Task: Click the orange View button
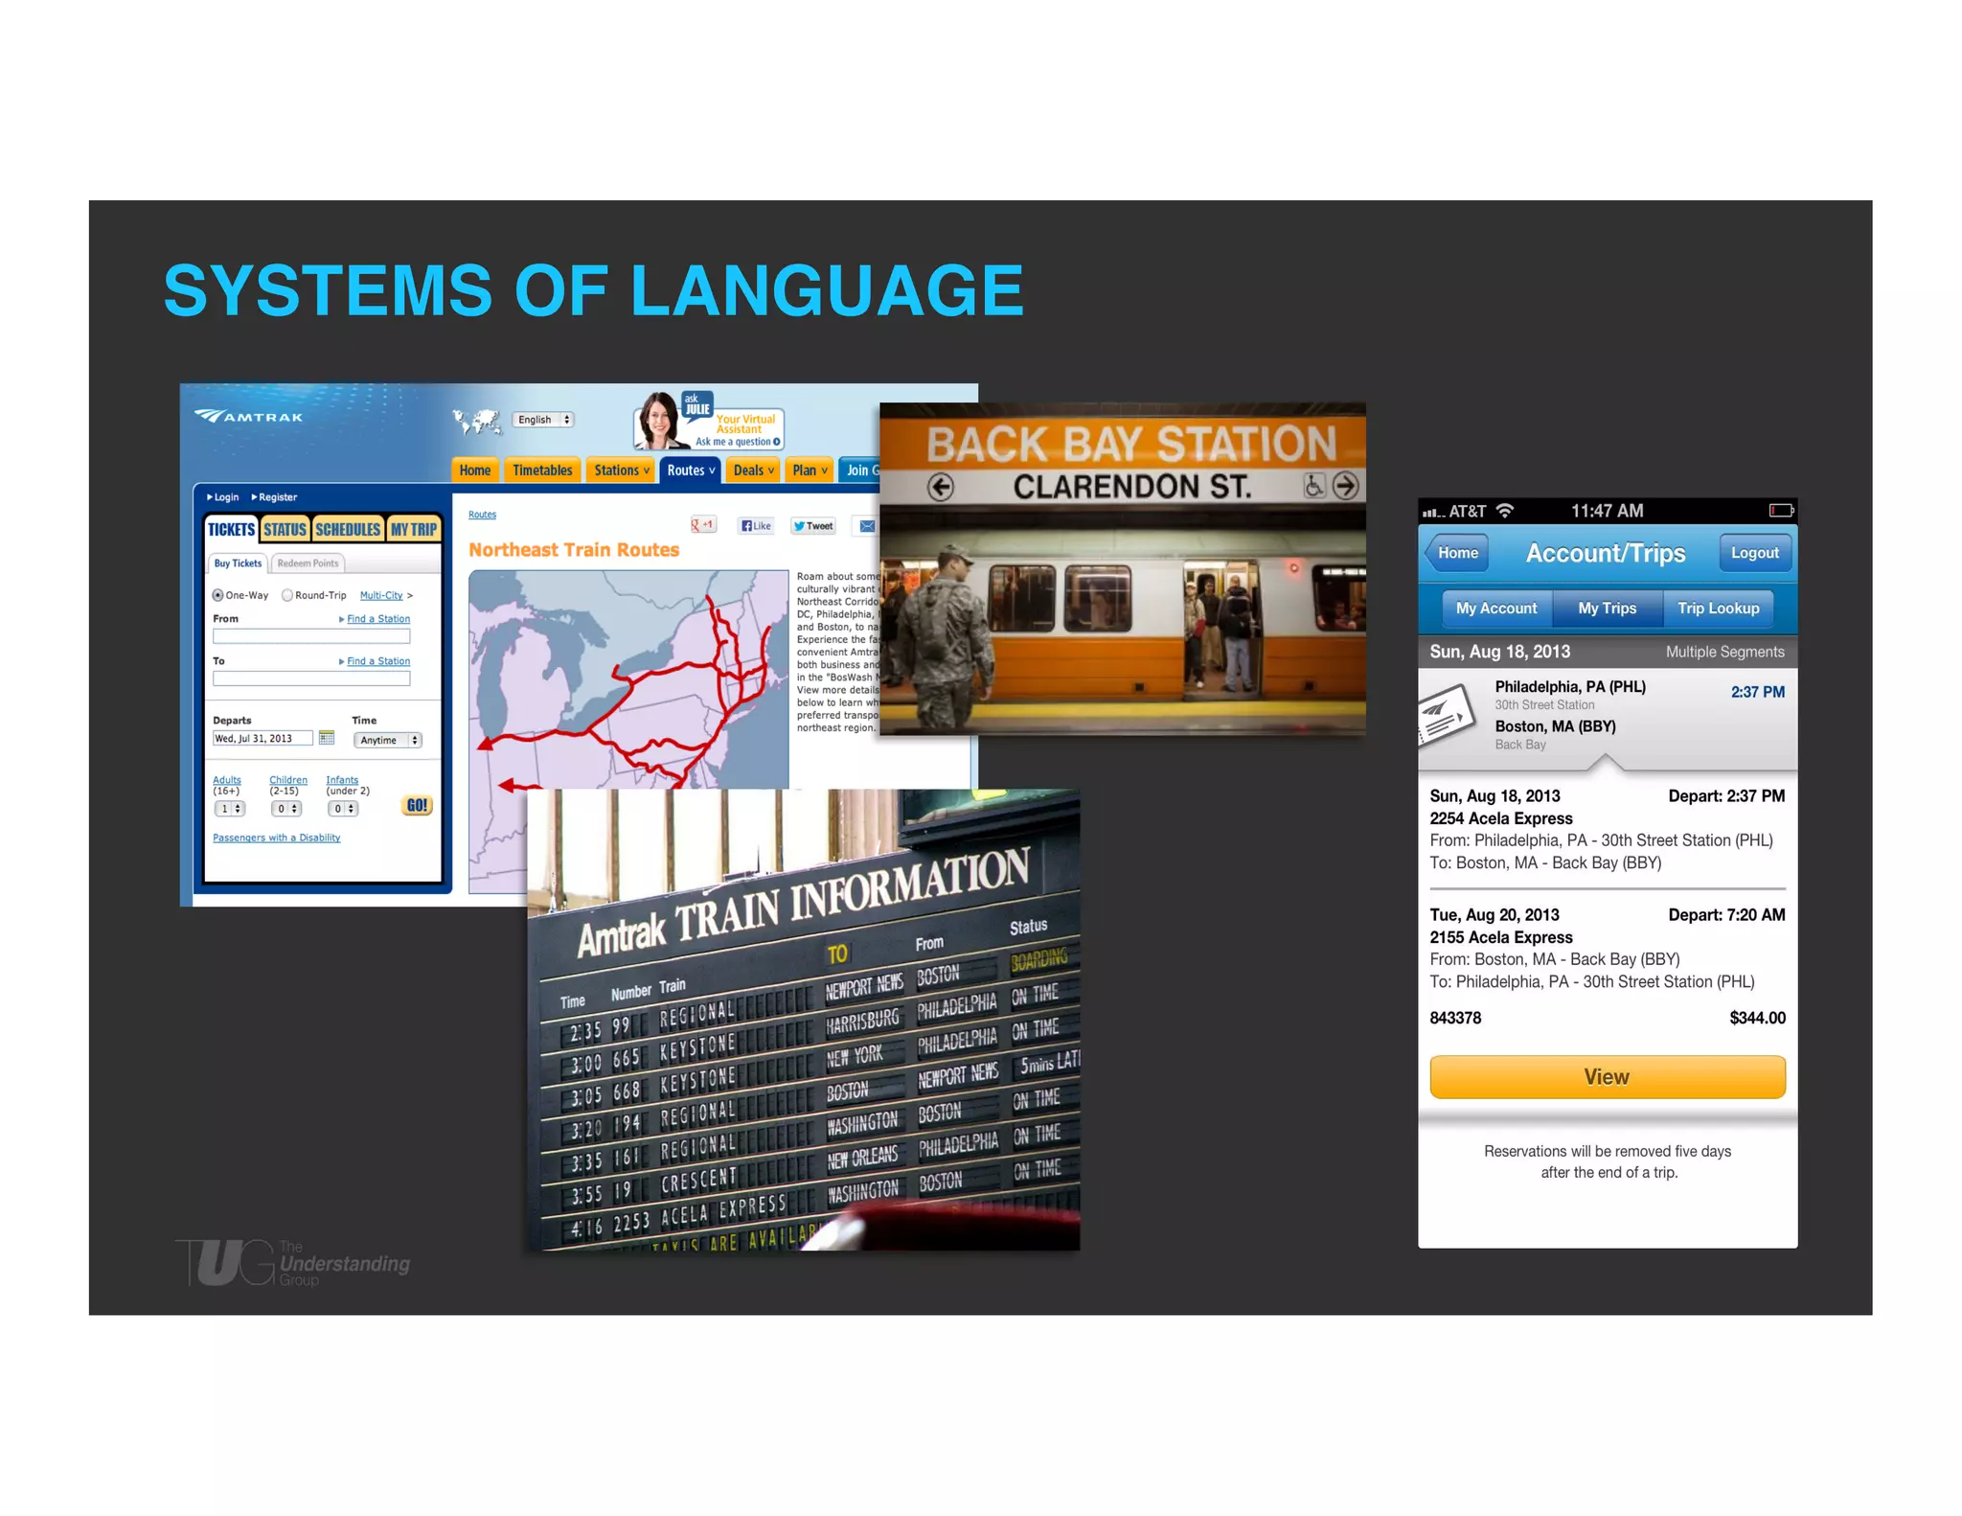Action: pos(1607,1077)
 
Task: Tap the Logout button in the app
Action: pos(1753,553)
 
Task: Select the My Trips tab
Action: pos(1607,609)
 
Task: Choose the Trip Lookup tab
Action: pos(1718,609)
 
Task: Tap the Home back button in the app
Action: pos(1456,553)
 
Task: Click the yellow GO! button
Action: pos(417,806)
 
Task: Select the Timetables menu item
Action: pos(542,471)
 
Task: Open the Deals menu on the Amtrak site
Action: pos(753,471)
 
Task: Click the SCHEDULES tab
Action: pos(348,530)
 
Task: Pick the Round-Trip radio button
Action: pos(287,595)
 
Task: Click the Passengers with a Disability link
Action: pos(276,838)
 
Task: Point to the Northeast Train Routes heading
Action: pos(574,550)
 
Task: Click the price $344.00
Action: pos(1757,1018)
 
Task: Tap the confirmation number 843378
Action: pos(1455,1018)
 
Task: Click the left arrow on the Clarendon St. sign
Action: pos(941,487)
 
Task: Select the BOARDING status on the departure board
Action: pos(1039,959)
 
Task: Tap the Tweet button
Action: pos(813,525)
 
